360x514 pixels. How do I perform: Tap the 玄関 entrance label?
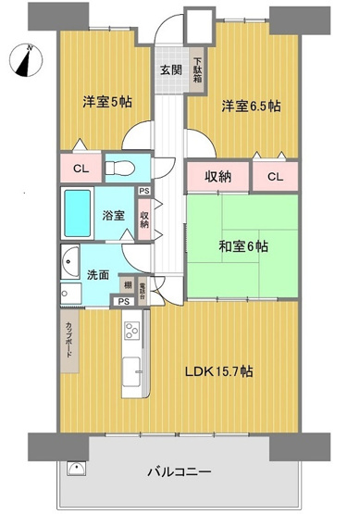pyautogui.click(x=169, y=71)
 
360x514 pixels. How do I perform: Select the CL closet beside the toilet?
pyautogui.click(x=81, y=169)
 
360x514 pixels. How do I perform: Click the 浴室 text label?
pyautogui.click(x=115, y=215)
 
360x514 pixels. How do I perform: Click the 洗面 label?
pyautogui.click(x=99, y=275)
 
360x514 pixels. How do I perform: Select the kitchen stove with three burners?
pyautogui.click(x=130, y=331)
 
